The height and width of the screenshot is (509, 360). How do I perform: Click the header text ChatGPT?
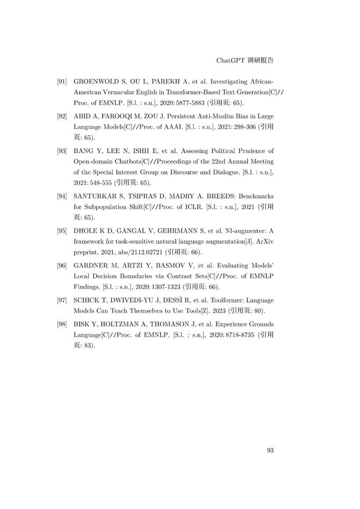(229, 58)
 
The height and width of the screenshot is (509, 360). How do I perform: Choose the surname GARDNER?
(93, 266)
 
